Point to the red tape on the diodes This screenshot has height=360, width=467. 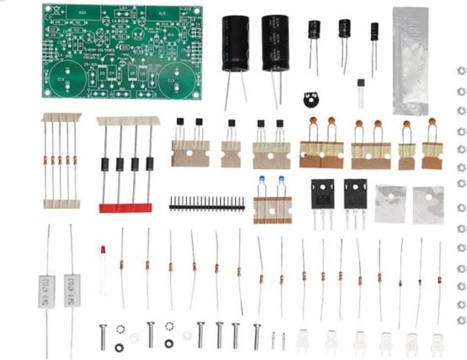click(x=125, y=208)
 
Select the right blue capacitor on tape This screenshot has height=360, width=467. click(x=281, y=180)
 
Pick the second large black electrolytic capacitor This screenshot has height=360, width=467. click(x=275, y=44)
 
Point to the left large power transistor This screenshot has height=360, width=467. click(x=322, y=195)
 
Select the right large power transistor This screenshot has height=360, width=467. click(x=355, y=195)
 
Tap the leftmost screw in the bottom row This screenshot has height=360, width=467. click(x=103, y=335)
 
